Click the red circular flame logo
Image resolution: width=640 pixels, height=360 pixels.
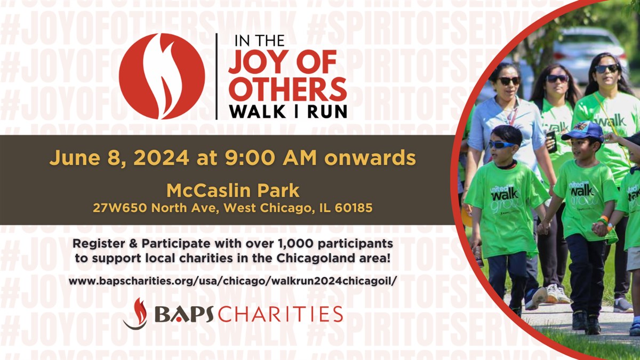click(162, 76)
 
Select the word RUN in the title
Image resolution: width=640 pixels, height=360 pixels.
click(327, 111)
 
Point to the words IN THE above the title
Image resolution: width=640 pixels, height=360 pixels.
click(259, 41)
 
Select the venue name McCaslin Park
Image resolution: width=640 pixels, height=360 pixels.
click(233, 191)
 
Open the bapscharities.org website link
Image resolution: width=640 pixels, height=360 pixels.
click(233, 281)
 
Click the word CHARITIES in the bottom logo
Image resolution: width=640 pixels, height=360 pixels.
click(281, 314)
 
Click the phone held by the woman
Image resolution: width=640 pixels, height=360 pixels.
click(551, 141)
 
